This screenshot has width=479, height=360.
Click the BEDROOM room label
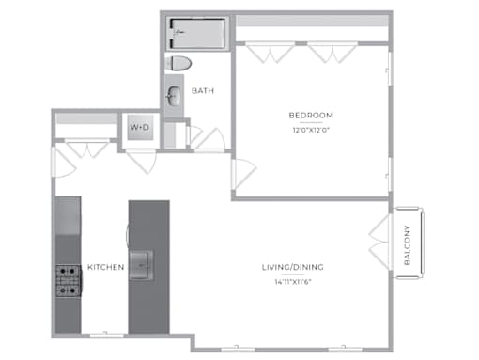[x=311, y=116]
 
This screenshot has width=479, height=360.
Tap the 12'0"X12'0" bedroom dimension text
[x=311, y=130]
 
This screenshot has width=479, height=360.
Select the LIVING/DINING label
[x=293, y=267]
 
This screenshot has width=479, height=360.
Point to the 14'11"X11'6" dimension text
[x=293, y=282]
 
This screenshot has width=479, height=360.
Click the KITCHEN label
[x=106, y=267]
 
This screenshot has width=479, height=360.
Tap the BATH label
[x=203, y=91]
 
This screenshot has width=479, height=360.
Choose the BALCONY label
[x=407, y=245]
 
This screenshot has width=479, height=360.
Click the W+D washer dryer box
[x=140, y=127]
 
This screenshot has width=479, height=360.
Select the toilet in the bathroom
[x=178, y=64]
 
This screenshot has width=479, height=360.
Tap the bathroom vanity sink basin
[x=174, y=96]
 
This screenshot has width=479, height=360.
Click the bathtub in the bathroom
[x=197, y=33]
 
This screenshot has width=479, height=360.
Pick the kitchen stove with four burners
[x=69, y=281]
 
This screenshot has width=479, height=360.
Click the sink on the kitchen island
[x=141, y=265]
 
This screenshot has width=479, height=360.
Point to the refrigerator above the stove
[x=68, y=215]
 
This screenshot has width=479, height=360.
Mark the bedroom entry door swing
[x=244, y=174]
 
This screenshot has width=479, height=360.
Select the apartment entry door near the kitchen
[x=64, y=162]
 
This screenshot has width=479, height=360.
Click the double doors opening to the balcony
[x=380, y=242]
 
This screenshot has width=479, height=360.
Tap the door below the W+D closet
[x=141, y=162]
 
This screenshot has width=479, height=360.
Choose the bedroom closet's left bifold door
[x=270, y=53]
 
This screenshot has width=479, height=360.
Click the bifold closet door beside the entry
[x=87, y=149]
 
